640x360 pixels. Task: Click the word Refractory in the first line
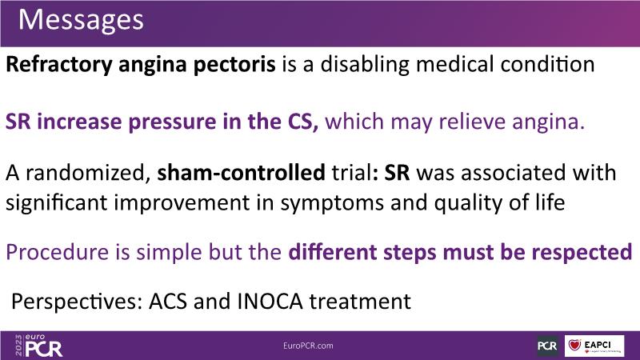(x=59, y=66)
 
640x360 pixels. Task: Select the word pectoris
(x=234, y=66)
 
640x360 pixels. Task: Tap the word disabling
(x=365, y=66)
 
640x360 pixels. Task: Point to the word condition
(x=547, y=65)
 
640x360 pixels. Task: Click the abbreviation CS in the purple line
(x=300, y=122)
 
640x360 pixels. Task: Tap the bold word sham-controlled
(x=242, y=173)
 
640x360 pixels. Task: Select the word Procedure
(x=58, y=252)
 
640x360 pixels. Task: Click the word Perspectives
(x=76, y=302)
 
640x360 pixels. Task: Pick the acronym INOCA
(x=270, y=302)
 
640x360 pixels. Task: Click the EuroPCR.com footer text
(x=308, y=346)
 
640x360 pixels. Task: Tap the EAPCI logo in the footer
(x=594, y=346)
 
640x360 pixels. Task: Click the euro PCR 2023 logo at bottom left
(x=38, y=346)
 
